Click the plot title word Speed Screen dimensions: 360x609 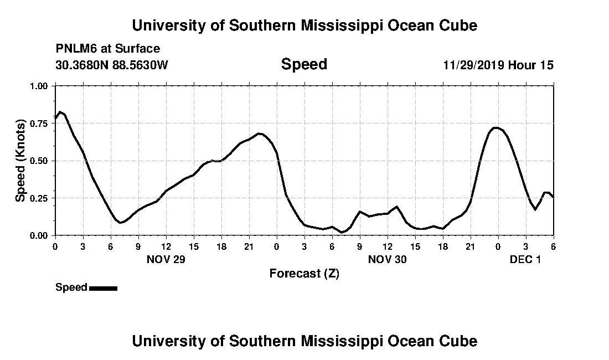304,64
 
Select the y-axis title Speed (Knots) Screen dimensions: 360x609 20,161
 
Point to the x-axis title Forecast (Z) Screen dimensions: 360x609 304,273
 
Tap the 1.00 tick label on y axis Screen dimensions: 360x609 39,86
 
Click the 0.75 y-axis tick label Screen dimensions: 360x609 39,124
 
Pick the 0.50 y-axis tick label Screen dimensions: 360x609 39,161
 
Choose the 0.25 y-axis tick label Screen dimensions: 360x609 39,198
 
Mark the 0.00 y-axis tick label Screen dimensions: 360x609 39,235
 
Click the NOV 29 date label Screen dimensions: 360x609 166,259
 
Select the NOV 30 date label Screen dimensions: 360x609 387,259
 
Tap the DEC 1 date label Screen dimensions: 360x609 525,259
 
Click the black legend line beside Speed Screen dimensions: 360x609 103,288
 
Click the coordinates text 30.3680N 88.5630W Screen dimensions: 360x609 111,65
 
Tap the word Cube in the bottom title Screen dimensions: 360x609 458,341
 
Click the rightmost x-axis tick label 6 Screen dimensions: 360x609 553,246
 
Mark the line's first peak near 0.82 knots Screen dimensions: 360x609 60,112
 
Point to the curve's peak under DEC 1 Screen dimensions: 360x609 497,127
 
